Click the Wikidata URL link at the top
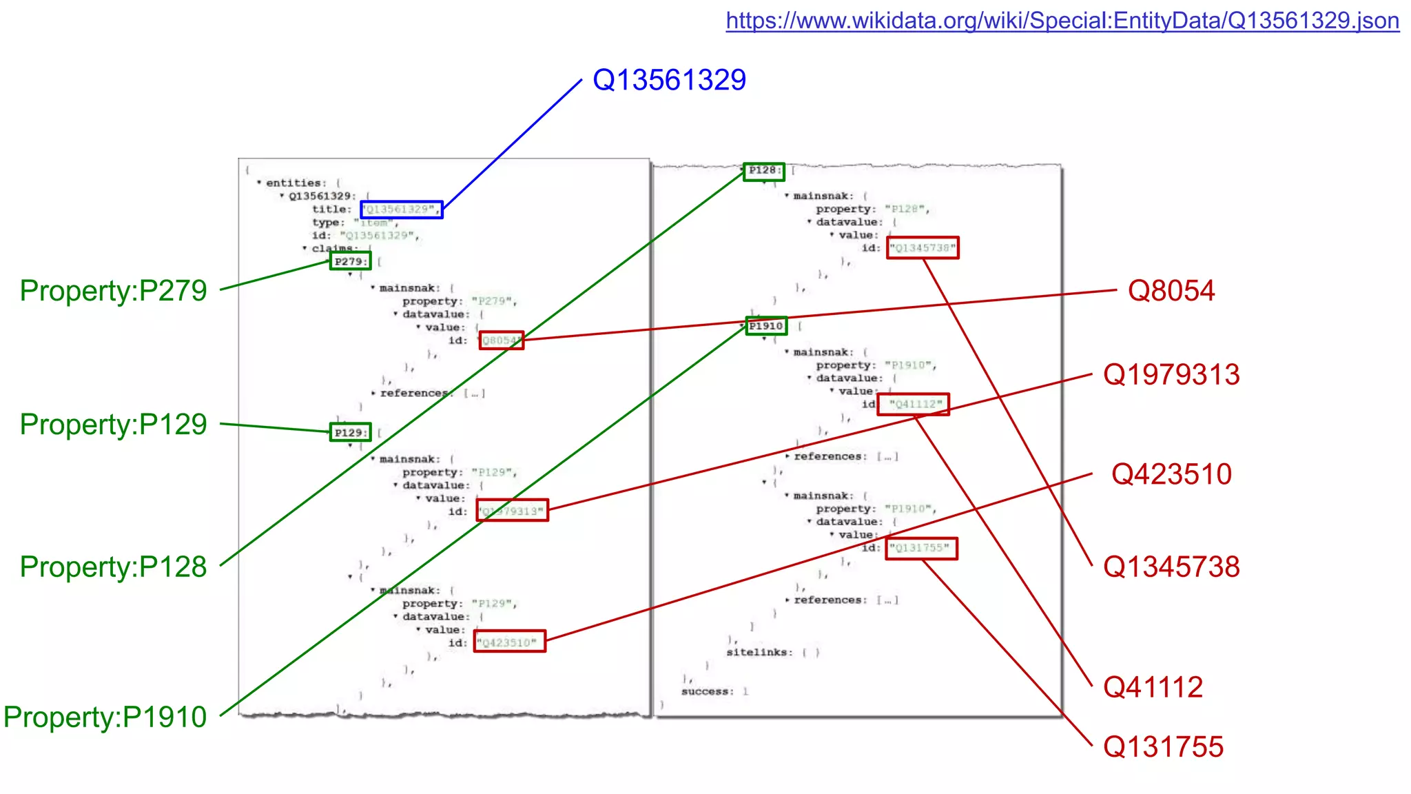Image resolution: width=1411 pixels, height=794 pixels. coord(1062,21)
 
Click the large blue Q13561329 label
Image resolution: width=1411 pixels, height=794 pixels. coord(669,80)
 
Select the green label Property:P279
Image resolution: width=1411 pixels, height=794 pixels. coord(113,290)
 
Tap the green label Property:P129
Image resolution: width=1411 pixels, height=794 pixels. coord(113,424)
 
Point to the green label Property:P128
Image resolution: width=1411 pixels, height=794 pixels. coord(113,567)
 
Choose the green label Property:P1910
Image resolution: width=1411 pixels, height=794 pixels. coord(105,717)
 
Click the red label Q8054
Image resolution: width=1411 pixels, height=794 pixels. coord(1171,290)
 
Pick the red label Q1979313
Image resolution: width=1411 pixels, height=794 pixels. coord(1171,374)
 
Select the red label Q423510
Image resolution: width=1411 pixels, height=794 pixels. coord(1171,474)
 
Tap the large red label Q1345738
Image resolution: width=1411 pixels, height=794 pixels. coord(1171,567)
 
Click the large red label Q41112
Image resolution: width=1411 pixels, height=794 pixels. coord(1153,686)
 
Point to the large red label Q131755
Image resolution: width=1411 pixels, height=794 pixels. coord(1163,746)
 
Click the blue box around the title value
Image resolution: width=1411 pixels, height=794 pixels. coord(402,209)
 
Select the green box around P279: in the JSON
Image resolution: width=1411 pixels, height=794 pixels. coord(350,261)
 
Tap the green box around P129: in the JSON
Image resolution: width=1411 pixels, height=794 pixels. coord(350,432)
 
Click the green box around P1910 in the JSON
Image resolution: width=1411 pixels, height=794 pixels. coord(766,326)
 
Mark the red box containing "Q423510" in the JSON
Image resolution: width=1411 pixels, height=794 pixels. coord(510,642)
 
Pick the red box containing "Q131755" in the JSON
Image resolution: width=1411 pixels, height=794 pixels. coord(921,549)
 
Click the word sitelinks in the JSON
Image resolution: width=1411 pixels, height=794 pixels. coord(756,652)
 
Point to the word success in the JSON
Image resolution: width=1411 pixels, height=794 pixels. coord(705,691)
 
